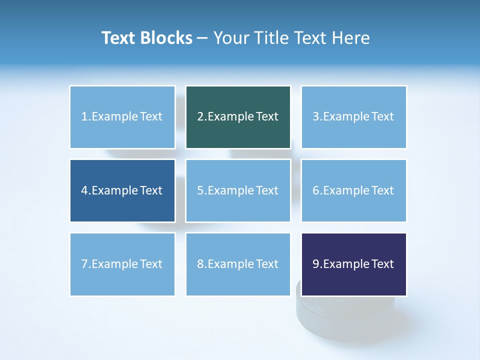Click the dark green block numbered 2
[238, 117]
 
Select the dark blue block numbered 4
[122, 190]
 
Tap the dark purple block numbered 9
[353, 264]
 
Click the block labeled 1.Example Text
[122, 117]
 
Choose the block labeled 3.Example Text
[353, 117]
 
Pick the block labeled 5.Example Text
[238, 190]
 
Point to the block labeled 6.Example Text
[353, 190]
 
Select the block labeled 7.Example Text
[122, 264]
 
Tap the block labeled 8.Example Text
[238, 264]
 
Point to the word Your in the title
[230, 38]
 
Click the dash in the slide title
[203, 38]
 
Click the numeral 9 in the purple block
[316, 264]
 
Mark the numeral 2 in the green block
[200, 117]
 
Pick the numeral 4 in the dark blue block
[84, 190]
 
